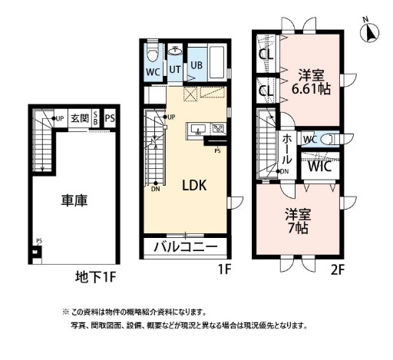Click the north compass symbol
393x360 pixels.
372,33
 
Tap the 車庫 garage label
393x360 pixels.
74,201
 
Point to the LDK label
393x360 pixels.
193,185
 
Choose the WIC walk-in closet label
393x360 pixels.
319,165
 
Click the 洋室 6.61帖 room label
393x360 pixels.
312,81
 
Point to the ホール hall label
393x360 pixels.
286,150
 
